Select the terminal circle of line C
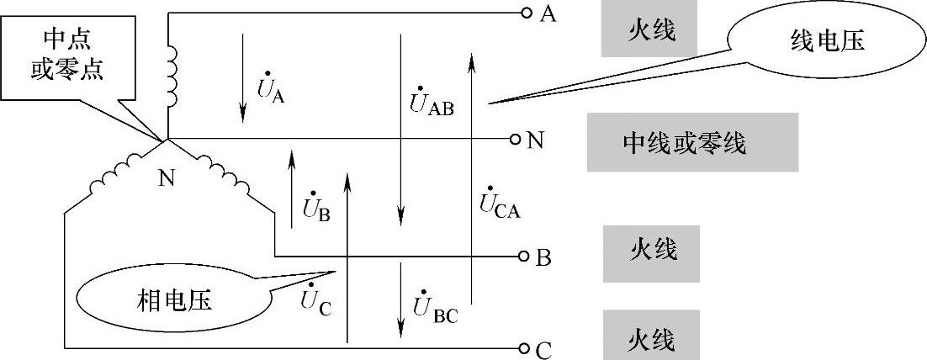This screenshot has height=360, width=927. pos(526,347)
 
